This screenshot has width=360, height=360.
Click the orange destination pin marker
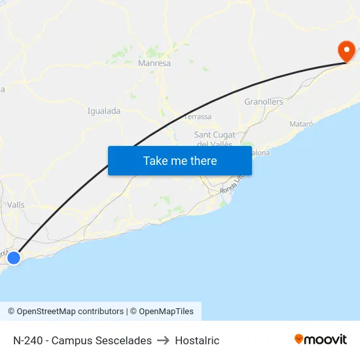[x=346, y=50]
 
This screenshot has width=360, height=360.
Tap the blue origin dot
[x=13, y=258]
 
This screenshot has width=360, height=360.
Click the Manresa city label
[x=154, y=63]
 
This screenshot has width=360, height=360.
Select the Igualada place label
[x=104, y=111]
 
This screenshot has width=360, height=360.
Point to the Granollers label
[x=264, y=102]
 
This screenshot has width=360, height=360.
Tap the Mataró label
[x=301, y=124]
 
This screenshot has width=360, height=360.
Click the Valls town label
[x=16, y=205]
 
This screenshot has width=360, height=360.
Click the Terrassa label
[x=198, y=117]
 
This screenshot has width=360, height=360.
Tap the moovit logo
[x=321, y=340]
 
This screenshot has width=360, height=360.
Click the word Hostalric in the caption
[x=197, y=340]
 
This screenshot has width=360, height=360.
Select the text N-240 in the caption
[x=27, y=340]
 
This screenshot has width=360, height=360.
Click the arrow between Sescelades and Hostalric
[x=164, y=340]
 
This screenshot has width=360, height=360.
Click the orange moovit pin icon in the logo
[x=299, y=339]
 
